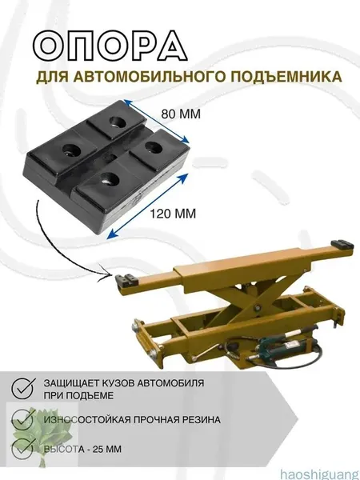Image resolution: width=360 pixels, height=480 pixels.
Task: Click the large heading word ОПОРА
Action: [x=110, y=46]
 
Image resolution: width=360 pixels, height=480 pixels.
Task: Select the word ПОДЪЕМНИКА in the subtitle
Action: [x=286, y=77]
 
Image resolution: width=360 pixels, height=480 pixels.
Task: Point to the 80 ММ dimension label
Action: [x=181, y=114]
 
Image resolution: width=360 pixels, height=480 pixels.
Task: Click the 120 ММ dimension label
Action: [x=173, y=214]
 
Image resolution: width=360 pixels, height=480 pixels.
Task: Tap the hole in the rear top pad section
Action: [x=118, y=122]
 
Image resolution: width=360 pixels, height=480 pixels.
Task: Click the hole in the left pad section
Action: [x=72, y=150]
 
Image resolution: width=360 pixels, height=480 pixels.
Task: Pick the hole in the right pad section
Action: [x=154, y=148]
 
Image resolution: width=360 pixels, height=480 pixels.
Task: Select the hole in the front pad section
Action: [x=110, y=179]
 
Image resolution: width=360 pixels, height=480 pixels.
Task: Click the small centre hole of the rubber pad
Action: [x=110, y=158]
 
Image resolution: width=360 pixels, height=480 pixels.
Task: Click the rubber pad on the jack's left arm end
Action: [x=126, y=279]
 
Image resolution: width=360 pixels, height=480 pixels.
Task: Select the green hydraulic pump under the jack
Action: [x=282, y=345]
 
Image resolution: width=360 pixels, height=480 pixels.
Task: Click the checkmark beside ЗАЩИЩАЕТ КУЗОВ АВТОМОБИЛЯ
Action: [x=23, y=387]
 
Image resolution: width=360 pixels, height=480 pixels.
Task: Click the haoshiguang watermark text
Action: [x=320, y=474]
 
